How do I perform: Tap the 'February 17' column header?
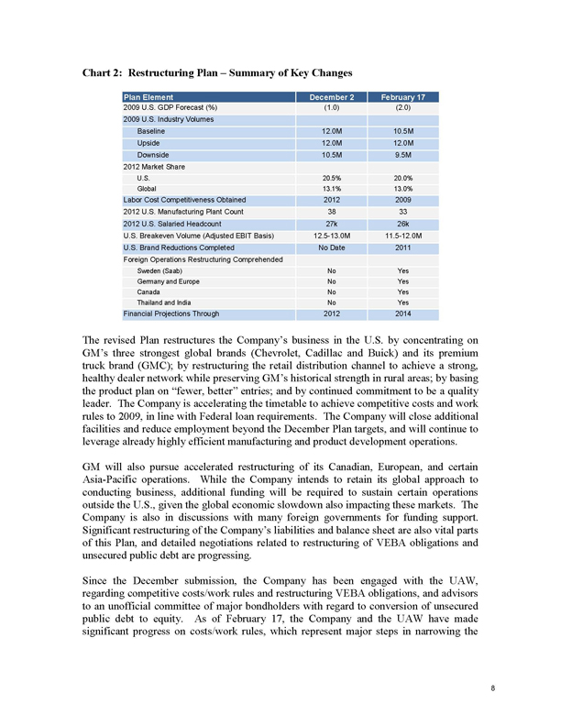pyautogui.click(x=403, y=96)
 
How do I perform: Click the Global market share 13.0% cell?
pyautogui.click(x=403, y=188)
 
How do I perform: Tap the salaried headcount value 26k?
pyautogui.click(x=403, y=223)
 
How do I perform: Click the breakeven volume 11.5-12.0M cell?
pyautogui.click(x=403, y=235)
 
